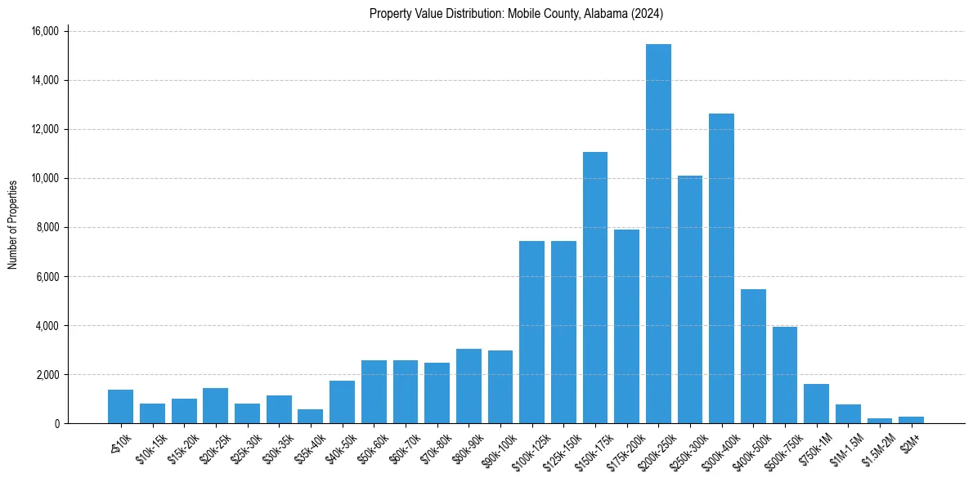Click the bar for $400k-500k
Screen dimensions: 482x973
click(x=753, y=356)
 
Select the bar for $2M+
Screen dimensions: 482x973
click(x=911, y=420)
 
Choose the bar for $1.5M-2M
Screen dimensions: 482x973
click(x=880, y=421)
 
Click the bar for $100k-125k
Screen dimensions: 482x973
click(x=531, y=332)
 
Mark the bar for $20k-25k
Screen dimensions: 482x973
click(x=215, y=405)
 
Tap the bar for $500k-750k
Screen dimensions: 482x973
click(x=785, y=375)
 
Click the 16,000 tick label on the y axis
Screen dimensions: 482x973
click(x=45, y=31)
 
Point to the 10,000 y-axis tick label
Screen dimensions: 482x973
click(x=45, y=178)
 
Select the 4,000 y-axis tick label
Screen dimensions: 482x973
click(x=47, y=325)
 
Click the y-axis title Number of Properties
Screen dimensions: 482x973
click(x=12, y=225)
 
